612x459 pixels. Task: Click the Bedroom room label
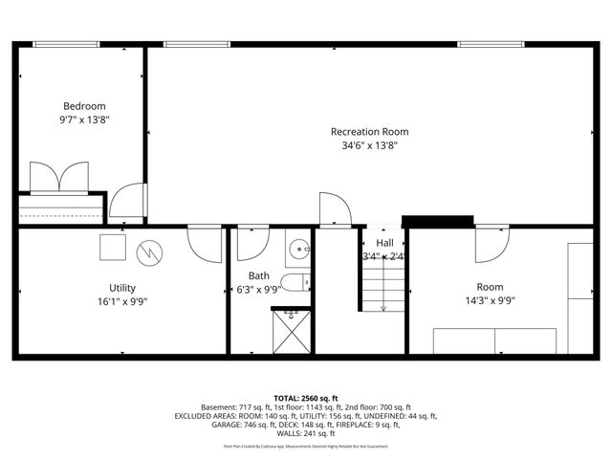pos(84,106)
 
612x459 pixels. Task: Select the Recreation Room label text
pos(369,132)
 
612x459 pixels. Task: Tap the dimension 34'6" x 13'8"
pos(369,146)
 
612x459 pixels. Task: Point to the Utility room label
pos(122,287)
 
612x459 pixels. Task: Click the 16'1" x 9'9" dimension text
pos(122,301)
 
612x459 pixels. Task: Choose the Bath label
pos(259,275)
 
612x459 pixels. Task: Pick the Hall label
pos(384,243)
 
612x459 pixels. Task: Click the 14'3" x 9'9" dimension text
pos(490,301)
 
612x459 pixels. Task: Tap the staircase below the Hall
pos(382,287)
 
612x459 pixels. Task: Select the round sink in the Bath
pos(300,251)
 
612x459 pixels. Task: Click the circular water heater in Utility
pos(150,251)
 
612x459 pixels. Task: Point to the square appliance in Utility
pos(113,246)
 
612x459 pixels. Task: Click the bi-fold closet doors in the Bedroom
pos(59,178)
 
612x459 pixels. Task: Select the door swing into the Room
pos(492,245)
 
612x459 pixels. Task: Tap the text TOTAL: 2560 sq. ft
pos(306,397)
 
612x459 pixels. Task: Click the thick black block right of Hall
pos(438,221)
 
